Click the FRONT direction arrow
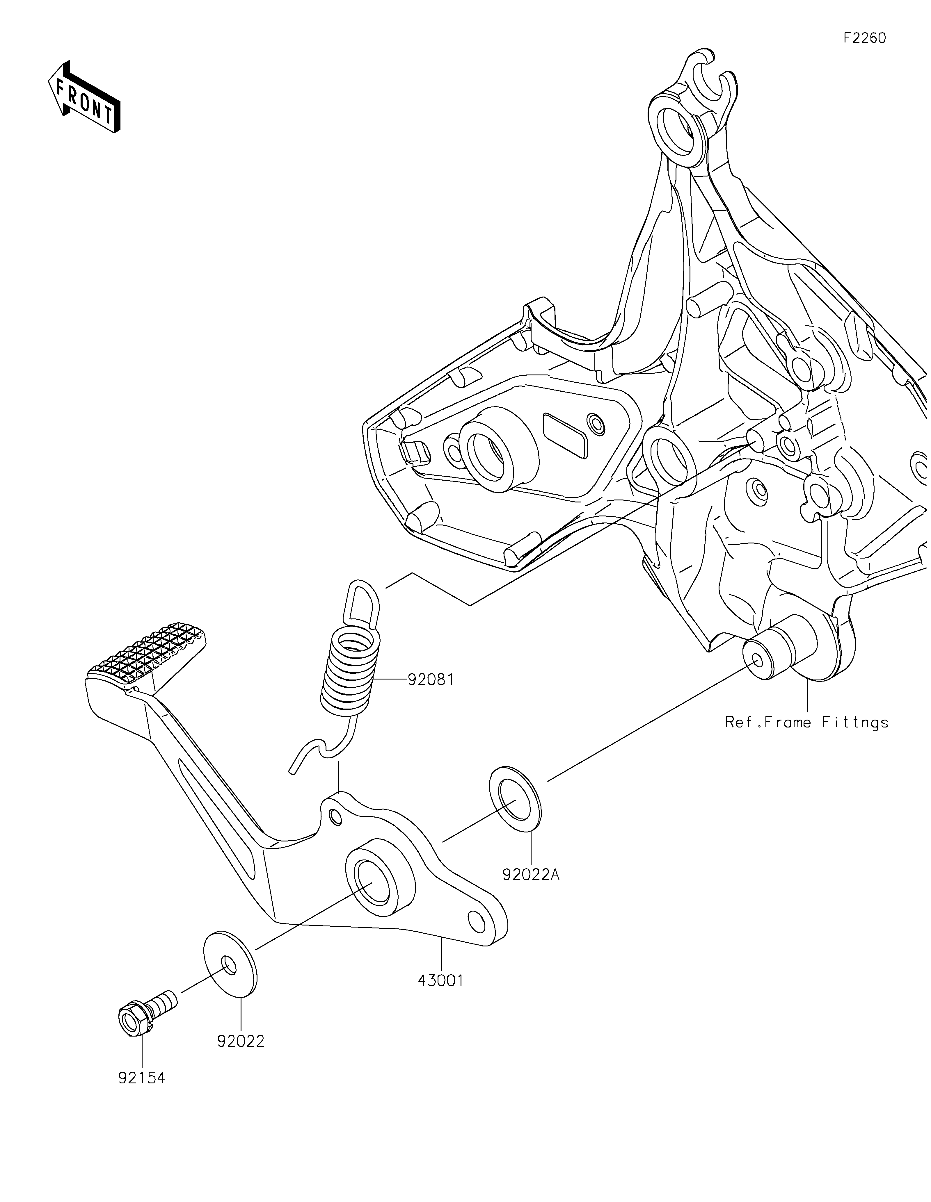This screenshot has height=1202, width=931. pos(84,97)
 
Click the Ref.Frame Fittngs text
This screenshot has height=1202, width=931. pos(806,722)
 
